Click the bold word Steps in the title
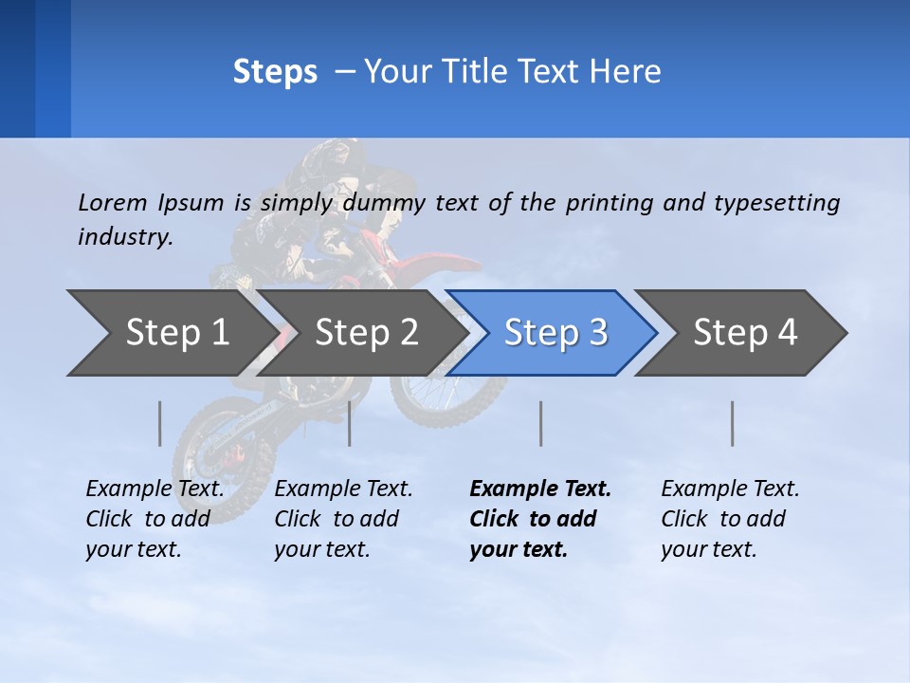[275, 72]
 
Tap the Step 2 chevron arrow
[366, 333]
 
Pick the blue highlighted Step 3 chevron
[555, 333]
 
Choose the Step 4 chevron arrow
[745, 333]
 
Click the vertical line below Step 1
[160, 423]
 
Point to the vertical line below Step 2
[350, 423]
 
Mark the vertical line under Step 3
[541, 423]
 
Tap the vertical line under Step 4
[733, 423]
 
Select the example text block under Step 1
[154, 519]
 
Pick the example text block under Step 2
[342, 519]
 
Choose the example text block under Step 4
[729, 519]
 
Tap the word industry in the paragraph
[124, 237]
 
